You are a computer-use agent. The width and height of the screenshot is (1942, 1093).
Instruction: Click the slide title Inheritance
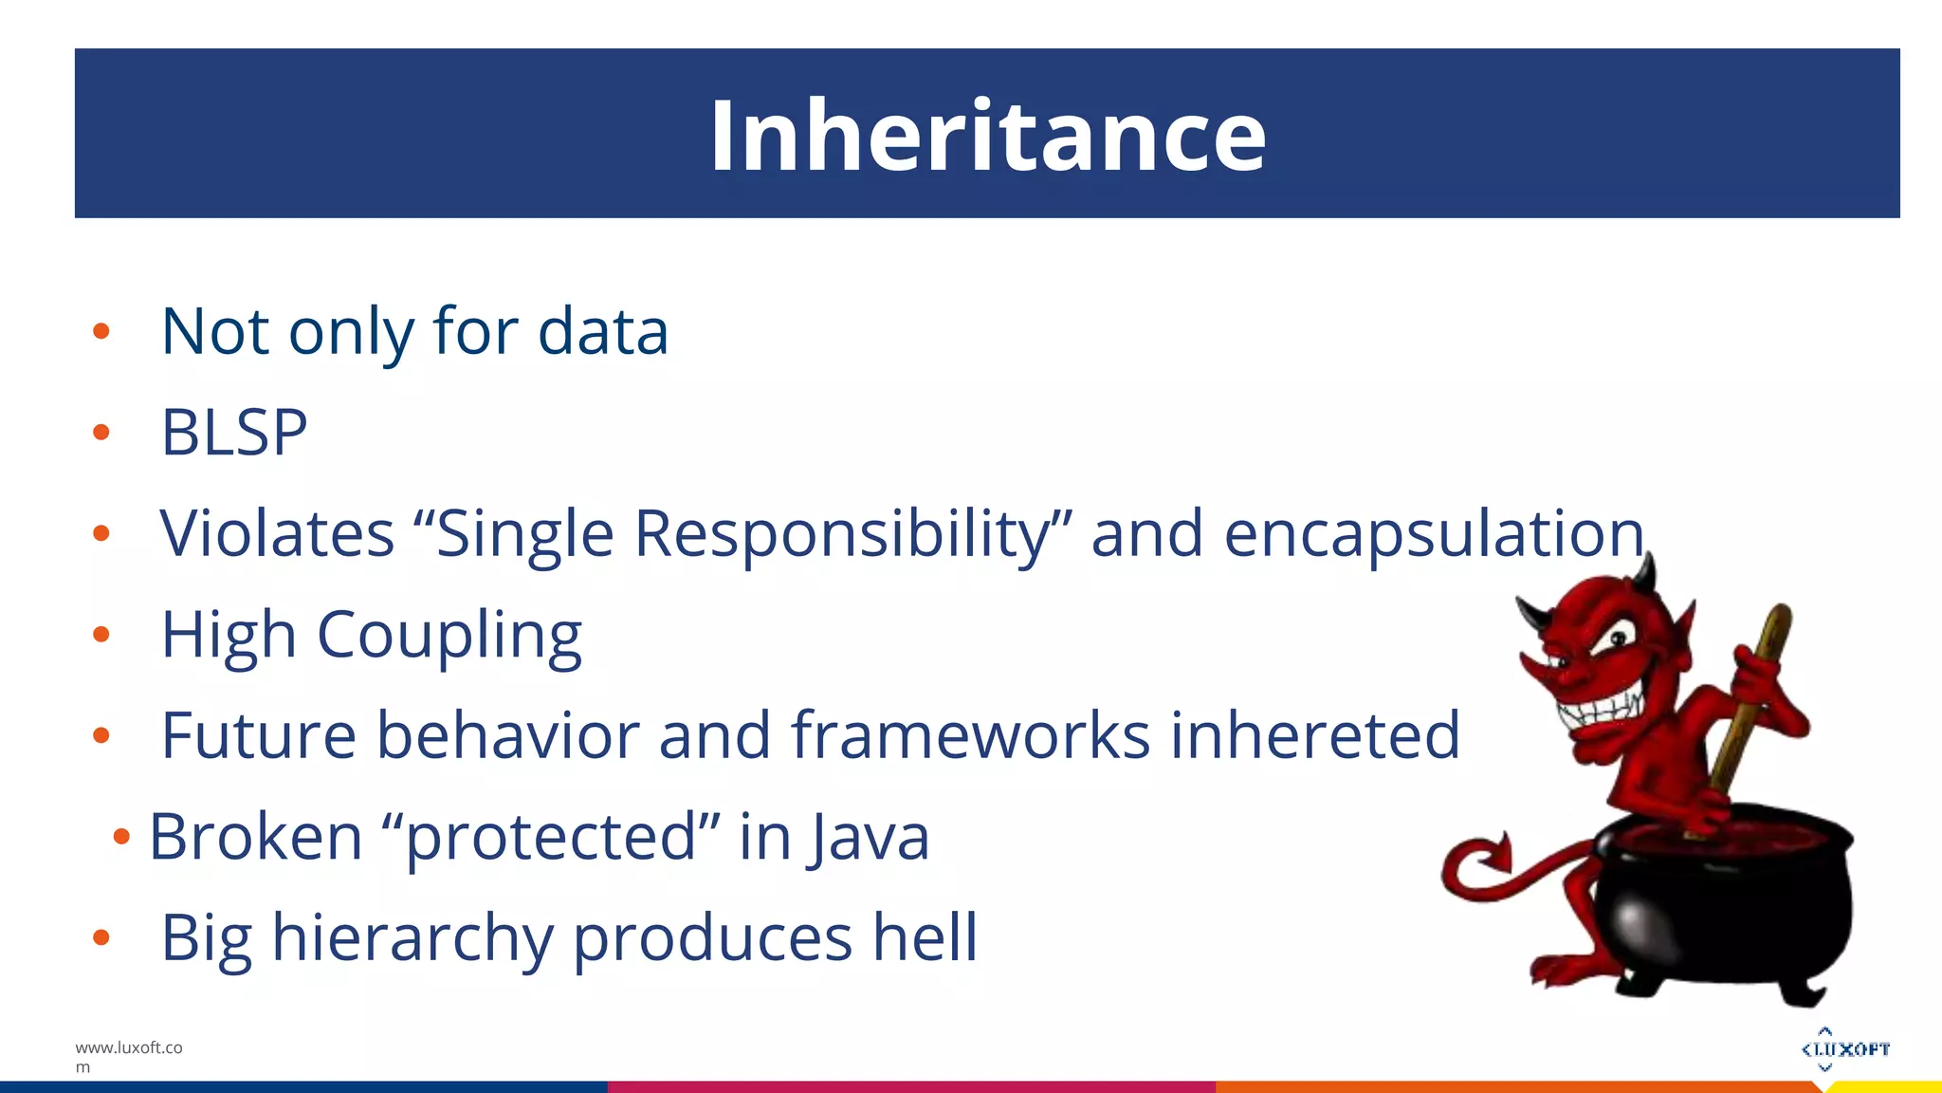pos(987,136)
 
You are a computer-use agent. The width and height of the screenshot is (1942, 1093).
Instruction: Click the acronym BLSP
pos(234,433)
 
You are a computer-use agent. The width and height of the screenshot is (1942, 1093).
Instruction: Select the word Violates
pos(277,533)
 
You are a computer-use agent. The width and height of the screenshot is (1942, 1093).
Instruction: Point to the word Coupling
pos(449,636)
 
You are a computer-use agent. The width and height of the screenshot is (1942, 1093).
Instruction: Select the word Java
pos(870,838)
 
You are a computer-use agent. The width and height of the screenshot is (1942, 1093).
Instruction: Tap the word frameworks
pos(970,735)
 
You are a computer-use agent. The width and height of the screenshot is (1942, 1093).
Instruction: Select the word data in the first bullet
pos(603,332)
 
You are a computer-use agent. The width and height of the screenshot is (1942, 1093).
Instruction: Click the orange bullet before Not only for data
pos(101,332)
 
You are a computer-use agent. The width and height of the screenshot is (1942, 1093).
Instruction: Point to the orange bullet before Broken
pos(120,837)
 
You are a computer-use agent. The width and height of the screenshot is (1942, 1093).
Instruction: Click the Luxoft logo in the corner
pos(1844,1048)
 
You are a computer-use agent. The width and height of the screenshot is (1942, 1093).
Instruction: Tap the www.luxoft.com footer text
pos(128,1056)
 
